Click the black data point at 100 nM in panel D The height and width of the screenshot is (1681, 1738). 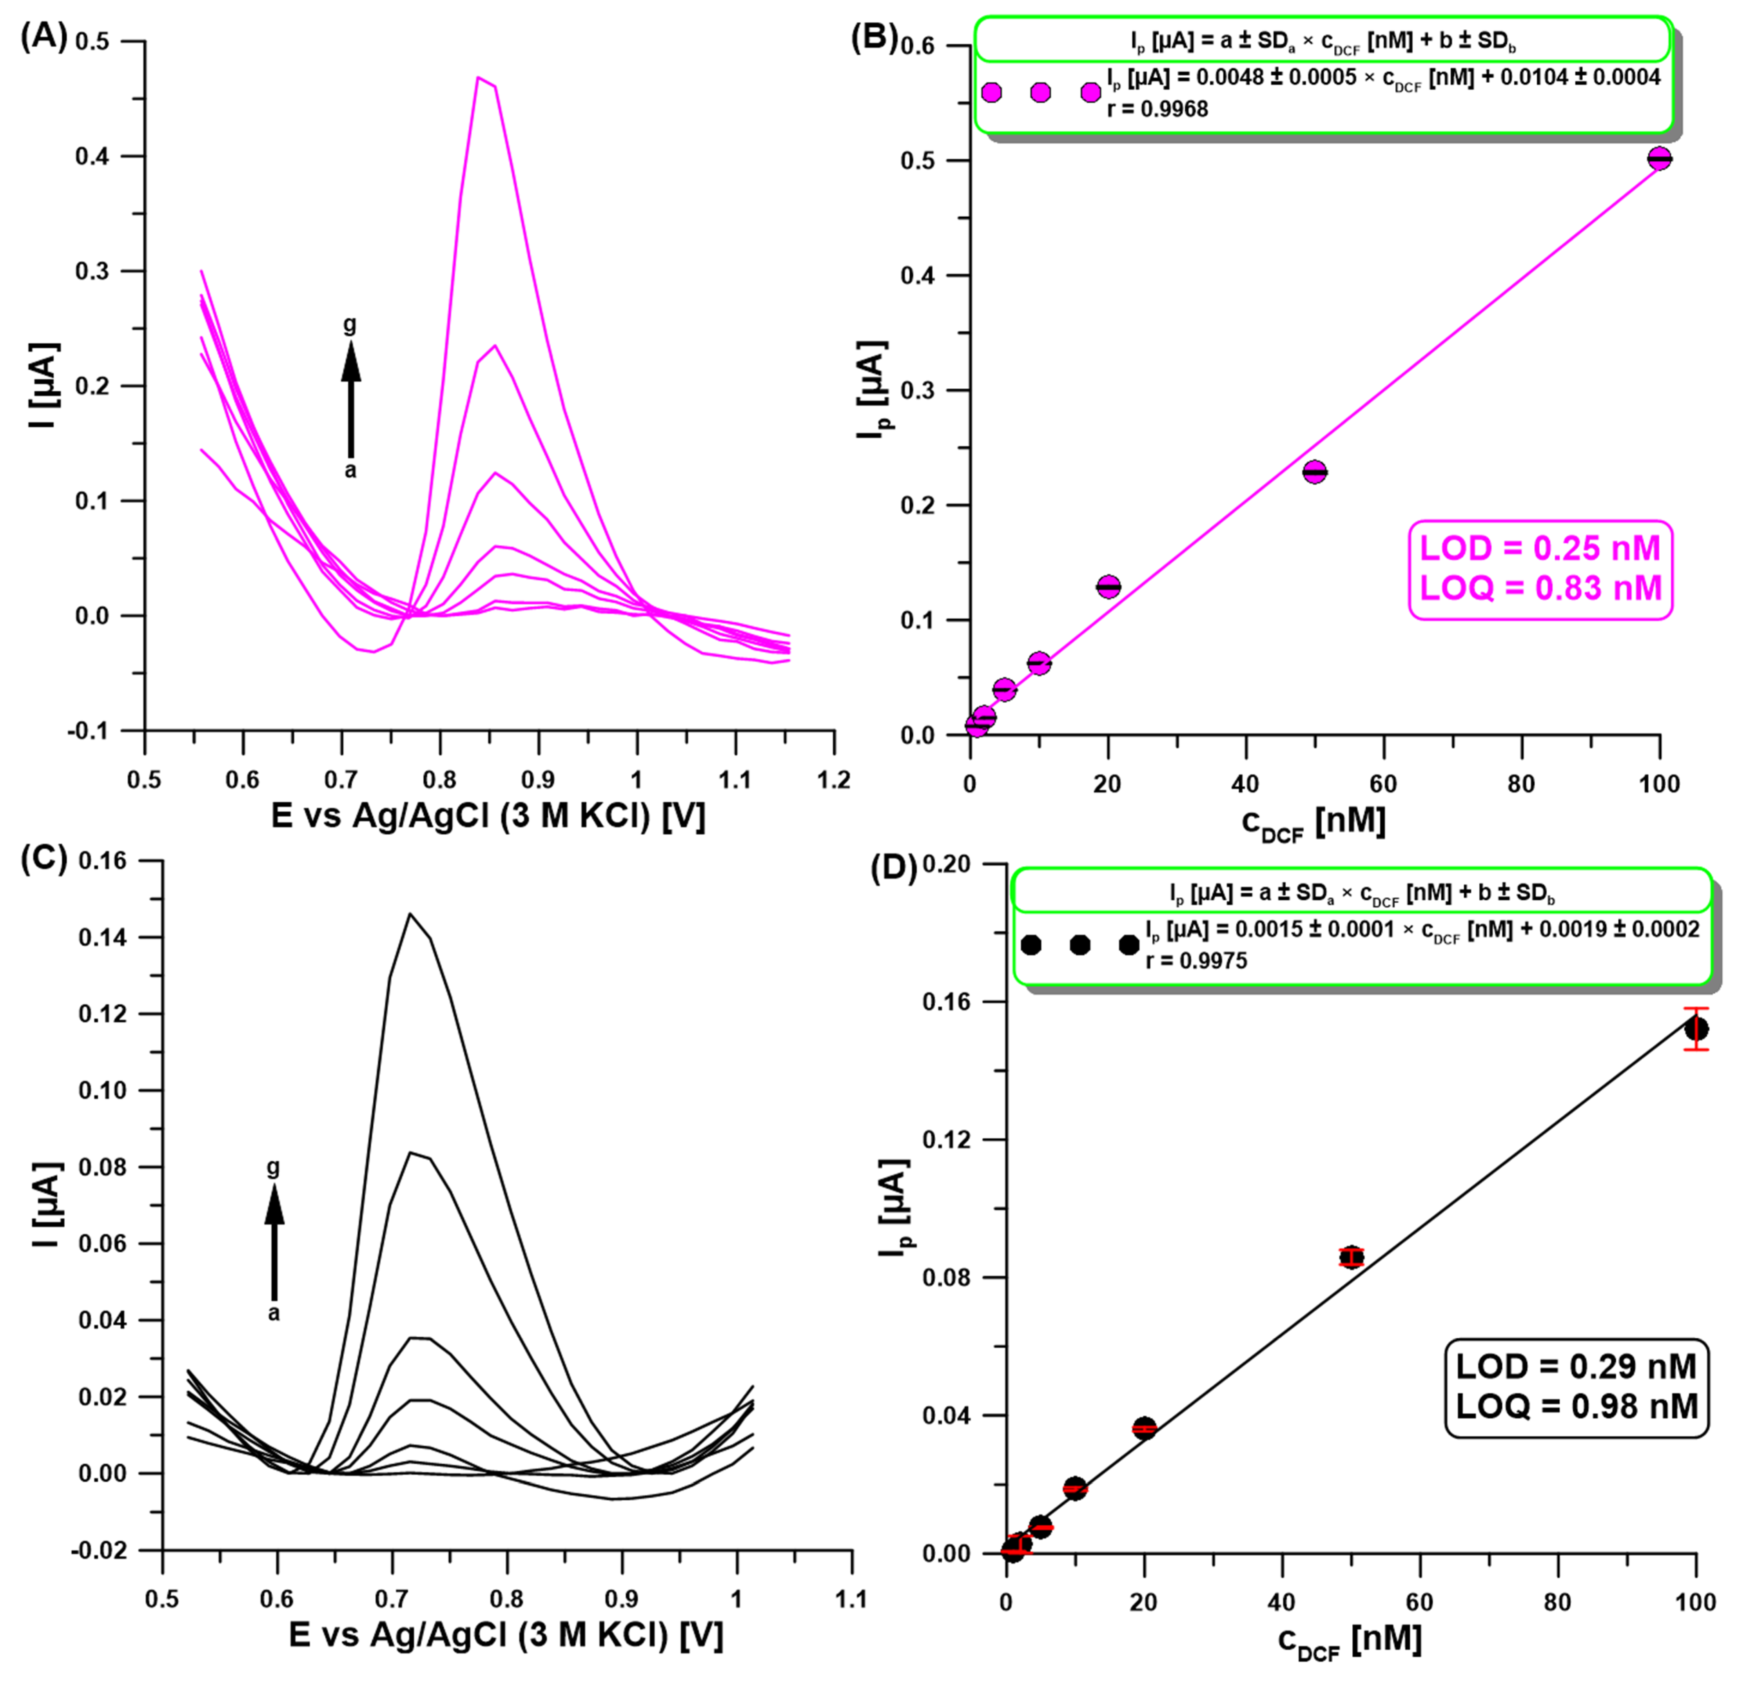[x=1695, y=1029]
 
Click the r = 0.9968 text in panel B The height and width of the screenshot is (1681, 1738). [x=1157, y=109]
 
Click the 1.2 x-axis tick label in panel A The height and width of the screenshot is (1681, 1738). [x=832, y=780]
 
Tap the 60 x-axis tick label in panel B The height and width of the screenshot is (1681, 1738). [x=1383, y=784]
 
